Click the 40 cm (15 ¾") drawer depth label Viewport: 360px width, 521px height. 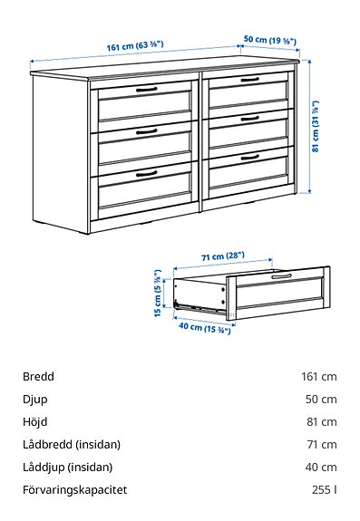click(x=203, y=328)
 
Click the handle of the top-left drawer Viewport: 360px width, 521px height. click(x=146, y=90)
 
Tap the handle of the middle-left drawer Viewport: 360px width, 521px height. click(x=146, y=131)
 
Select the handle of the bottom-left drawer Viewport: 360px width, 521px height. click(x=145, y=171)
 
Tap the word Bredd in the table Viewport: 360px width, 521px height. click(x=39, y=376)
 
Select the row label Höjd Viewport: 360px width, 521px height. click(x=35, y=421)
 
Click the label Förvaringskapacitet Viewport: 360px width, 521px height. click(x=74, y=489)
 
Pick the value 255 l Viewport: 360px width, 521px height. click(x=324, y=489)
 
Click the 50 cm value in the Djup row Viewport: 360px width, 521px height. click(x=321, y=399)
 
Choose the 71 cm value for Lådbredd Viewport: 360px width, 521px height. click(x=321, y=444)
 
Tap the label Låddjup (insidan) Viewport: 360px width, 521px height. click(x=67, y=467)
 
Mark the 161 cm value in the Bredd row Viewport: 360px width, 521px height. click(x=319, y=376)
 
